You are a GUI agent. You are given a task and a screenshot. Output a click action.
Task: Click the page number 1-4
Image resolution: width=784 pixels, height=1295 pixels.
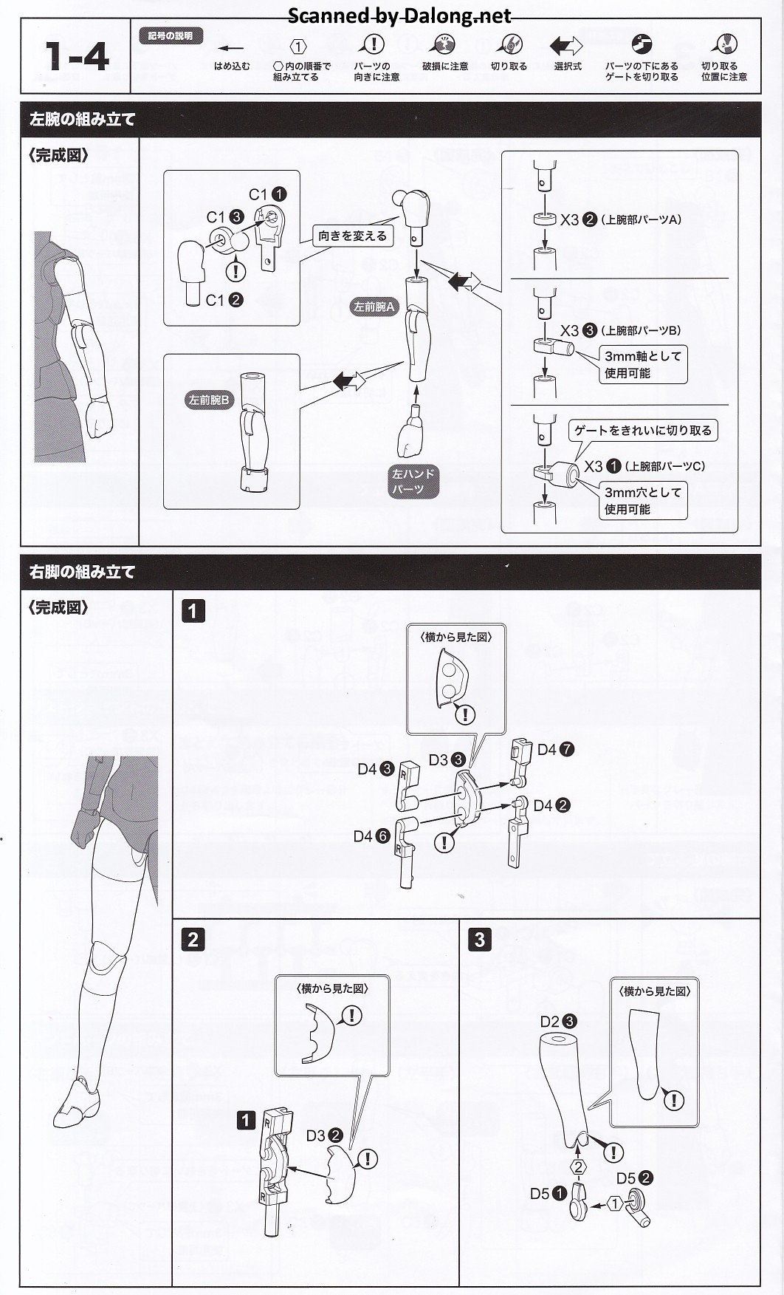[x=77, y=56]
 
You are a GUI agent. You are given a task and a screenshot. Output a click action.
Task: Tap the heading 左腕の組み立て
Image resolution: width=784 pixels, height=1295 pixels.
[x=82, y=119]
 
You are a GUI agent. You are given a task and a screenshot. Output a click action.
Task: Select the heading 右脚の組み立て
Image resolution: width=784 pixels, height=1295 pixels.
[x=82, y=572]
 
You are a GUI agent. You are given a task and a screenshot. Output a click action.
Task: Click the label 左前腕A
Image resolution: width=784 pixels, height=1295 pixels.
[x=375, y=307]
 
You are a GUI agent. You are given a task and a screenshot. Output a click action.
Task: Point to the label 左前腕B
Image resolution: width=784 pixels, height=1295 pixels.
[x=209, y=400]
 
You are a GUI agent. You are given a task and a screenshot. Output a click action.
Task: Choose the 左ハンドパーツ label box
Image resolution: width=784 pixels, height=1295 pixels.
[x=413, y=481]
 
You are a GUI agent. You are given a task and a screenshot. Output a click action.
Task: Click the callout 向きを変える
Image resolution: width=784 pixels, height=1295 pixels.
[x=352, y=236]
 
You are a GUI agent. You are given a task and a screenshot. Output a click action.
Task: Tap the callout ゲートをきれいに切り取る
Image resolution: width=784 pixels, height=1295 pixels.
[x=643, y=430]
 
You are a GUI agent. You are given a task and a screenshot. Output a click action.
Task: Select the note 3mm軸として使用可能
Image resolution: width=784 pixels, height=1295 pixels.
[x=642, y=364]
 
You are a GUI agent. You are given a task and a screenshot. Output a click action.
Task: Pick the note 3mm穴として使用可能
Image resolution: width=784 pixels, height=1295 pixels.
[x=642, y=500]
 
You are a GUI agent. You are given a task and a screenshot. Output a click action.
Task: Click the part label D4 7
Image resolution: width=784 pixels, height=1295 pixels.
[x=555, y=749]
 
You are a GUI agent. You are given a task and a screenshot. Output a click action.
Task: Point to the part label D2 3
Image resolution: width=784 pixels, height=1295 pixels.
[x=558, y=1022]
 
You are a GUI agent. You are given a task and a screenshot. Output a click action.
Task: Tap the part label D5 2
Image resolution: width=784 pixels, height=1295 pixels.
[x=635, y=1178]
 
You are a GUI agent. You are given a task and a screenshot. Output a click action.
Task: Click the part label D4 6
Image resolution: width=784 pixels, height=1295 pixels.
[x=371, y=836]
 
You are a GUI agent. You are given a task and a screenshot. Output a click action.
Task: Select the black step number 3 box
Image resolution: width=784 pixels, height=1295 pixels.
[x=479, y=939]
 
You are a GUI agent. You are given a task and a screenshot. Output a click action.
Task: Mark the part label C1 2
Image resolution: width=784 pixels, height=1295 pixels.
[x=224, y=300]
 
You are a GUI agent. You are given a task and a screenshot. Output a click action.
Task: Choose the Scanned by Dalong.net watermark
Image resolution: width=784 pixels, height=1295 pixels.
[x=399, y=15]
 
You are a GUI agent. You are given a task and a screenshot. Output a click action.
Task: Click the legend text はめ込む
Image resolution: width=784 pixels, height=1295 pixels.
[x=232, y=66]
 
